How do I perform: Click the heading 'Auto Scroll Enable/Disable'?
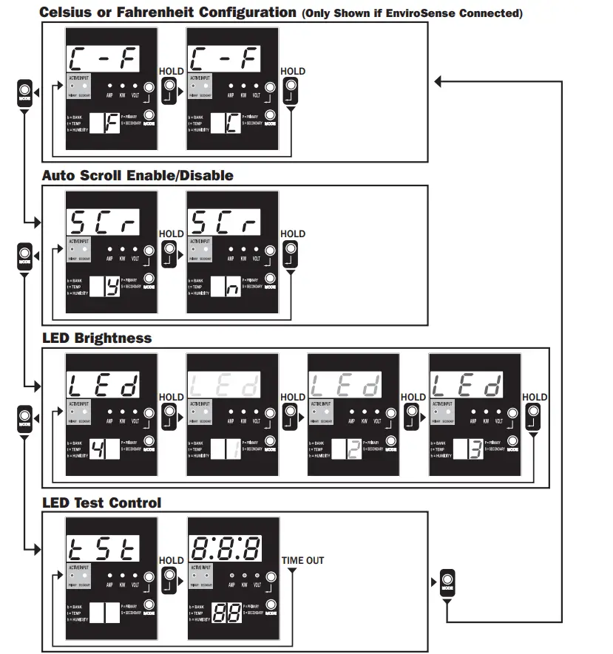click(137, 176)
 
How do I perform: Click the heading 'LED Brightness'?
click(96, 338)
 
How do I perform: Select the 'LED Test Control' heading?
click(101, 503)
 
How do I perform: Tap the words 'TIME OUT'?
click(302, 561)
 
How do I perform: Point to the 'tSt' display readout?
click(103, 549)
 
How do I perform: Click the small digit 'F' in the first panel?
click(110, 123)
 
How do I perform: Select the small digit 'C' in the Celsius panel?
click(231, 123)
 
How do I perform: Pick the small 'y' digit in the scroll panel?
click(110, 286)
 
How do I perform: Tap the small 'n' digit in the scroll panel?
click(231, 286)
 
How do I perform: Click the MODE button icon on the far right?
click(447, 582)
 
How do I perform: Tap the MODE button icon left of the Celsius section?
click(24, 93)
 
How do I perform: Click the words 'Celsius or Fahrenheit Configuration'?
click(167, 12)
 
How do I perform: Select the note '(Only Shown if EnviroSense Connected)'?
click(411, 13)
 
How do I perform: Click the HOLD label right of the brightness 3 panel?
click(535, 397)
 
